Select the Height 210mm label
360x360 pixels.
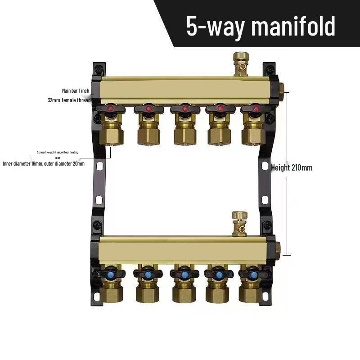292,168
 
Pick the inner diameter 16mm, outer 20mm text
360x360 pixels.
44,164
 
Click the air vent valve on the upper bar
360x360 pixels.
239,63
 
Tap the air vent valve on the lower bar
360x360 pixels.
239,222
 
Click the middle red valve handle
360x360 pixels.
184,108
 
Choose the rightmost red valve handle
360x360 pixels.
256,108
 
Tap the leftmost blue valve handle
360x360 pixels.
110,274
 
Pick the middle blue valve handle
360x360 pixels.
183,274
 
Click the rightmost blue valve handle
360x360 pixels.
254,274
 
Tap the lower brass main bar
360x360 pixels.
184,249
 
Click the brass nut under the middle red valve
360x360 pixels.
184,135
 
